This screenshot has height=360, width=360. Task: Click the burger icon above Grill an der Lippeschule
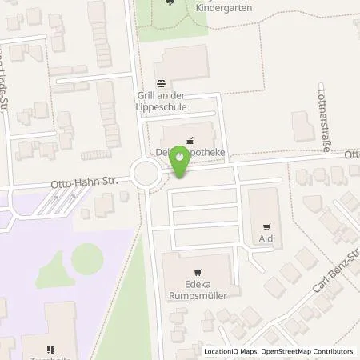coord(162,82)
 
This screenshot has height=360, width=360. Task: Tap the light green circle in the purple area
coord(87,258)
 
